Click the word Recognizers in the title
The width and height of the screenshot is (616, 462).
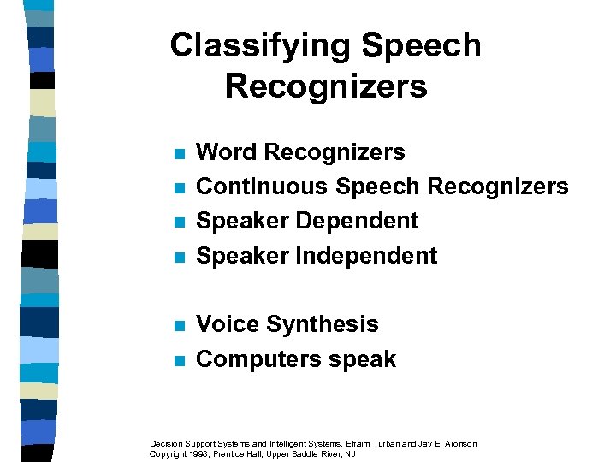pos(326,86)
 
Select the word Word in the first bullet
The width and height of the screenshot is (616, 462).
pos(227,152)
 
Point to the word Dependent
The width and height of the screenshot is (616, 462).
pos(357,221)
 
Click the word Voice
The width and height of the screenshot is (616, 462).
pos(228,324)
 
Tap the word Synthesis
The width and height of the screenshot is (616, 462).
pos(323,324)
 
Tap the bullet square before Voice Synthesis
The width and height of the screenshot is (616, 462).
pos(179,326)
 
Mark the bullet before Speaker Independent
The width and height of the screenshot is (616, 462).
pos(179,258)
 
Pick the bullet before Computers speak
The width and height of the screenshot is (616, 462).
pos(179,361)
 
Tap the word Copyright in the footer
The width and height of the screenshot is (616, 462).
pos(167,453)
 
